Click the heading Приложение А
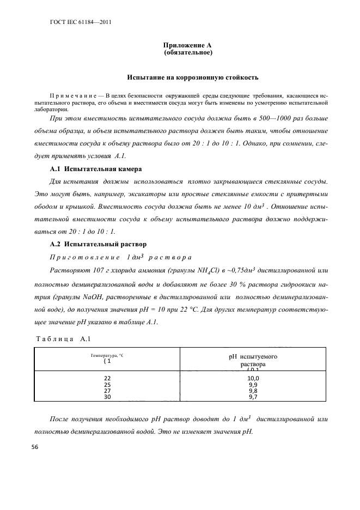pos(187,45)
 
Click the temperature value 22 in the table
pos(107,378)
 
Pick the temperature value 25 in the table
pos(107,385)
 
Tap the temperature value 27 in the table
pos(107,391)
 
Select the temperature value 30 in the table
pos(107,398)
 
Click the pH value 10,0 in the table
pos(253,378)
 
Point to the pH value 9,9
pos(253,385)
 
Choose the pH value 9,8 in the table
pos(253,391)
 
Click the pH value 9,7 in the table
pos(253,398)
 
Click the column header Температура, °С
pos(107,355)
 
